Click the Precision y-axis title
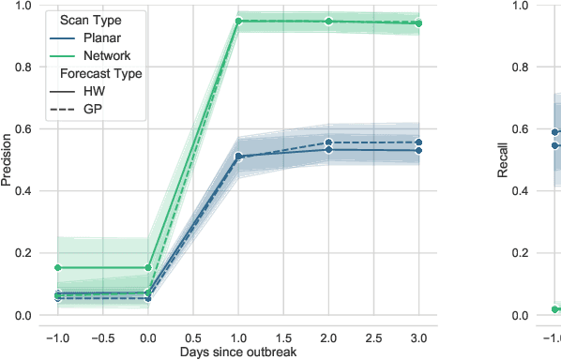pyautogui.click(x=8, y=160)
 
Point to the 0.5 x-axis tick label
pyautogui.click(x=193, y=335)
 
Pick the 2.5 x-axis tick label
pyautogui.click(x=374, y=335)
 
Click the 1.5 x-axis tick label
pyautogui.click(x=283, y=335)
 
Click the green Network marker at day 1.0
pyautogui.click(x=238, y=21)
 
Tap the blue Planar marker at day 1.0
pyautogui.click(x=238, y=157)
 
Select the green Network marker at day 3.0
pyautogui.click(x=418, y=23)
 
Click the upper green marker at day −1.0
pyautogui.click(x=58, y=268)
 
